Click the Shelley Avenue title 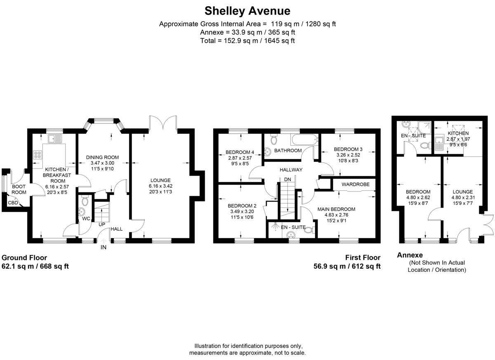pos(247,11)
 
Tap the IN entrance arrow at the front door pos(104,241)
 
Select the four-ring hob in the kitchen pos(38,154)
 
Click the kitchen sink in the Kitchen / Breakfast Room pos(55,139)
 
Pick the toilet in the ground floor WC pos(85,200)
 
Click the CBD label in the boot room pos(13,203)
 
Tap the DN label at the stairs pos(288,179)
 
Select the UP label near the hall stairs pos(101,225)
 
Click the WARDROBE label pos(356,184)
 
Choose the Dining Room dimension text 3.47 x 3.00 pos(102,163)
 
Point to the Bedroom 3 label pos(348,149)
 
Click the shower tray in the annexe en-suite pos(424,128)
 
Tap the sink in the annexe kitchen pos(438,143)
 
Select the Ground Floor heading pos(24,258)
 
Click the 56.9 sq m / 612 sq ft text pos(347,266)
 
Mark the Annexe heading pos(410,255)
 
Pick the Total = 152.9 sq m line pos(247,41)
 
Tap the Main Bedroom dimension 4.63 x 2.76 pos(336,215)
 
